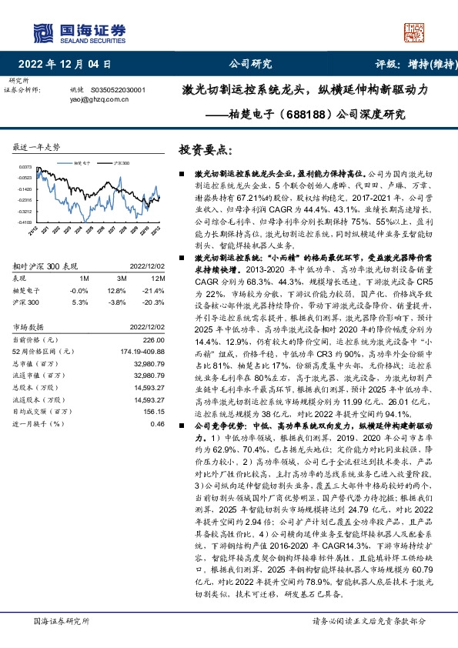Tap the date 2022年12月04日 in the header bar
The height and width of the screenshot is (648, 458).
tap(70, 64)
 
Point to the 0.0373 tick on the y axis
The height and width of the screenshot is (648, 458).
tap(25, 167)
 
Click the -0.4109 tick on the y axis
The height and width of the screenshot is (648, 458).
tap(25, 222)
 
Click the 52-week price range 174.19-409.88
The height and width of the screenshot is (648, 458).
tap(142, 351)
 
